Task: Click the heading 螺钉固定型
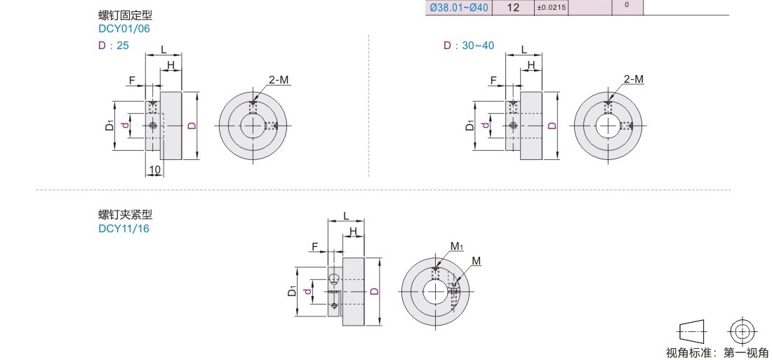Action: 126,15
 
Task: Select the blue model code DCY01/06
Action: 124,29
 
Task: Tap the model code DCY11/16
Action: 124,229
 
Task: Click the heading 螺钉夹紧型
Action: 126,215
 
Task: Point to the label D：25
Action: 114,46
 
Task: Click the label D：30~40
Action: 469,46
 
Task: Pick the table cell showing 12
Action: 514,8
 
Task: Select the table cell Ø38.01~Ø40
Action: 460,8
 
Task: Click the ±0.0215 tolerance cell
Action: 551,8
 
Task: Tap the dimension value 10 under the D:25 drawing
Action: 154,170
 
